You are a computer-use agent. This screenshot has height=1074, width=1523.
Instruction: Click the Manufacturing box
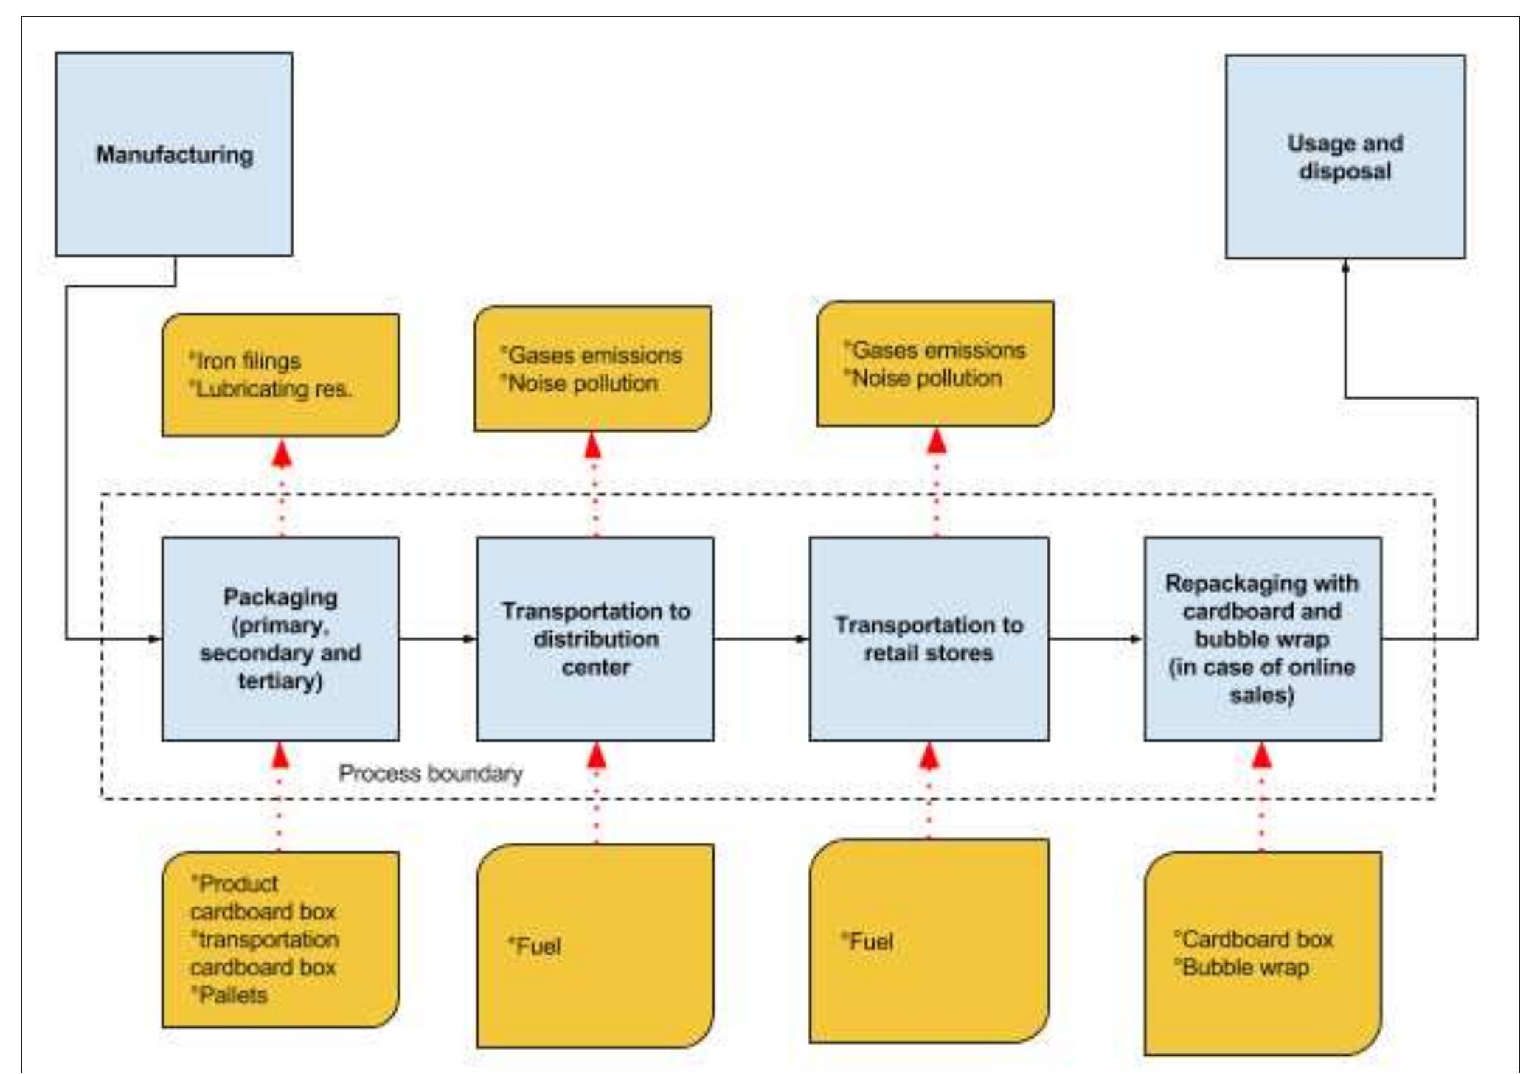[x=174, y=154]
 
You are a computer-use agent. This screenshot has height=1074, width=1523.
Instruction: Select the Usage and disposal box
[x=1345, y=156]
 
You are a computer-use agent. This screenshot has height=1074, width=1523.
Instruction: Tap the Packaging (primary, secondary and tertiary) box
[x=280, y=638]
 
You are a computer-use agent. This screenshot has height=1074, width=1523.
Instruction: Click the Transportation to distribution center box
[x=595, y=638]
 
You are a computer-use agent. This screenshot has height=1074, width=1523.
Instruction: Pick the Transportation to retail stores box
[x=929, y=638]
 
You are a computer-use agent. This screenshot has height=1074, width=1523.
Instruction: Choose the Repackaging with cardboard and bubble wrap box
[x=1262, y=638]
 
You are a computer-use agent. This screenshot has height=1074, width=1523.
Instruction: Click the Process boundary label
[x=430, y=773]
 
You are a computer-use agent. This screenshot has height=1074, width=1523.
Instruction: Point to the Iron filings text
[x=248, y=361]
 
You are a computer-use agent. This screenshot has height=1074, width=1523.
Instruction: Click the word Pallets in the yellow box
[x=232, y=995]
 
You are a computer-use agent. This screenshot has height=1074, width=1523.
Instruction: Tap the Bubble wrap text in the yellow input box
[x=1245, y=967]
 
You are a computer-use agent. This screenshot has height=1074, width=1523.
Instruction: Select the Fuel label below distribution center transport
[x=536, y=946]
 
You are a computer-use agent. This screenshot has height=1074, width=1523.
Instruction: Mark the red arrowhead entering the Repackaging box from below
[x=1262, y=755]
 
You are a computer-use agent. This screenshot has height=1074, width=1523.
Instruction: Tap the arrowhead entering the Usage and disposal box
[x=1345, y=268]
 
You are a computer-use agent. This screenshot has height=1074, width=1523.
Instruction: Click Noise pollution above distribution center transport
[x=583, y=383]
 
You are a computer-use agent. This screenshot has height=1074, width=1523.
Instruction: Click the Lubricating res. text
[x=273, y=389]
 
